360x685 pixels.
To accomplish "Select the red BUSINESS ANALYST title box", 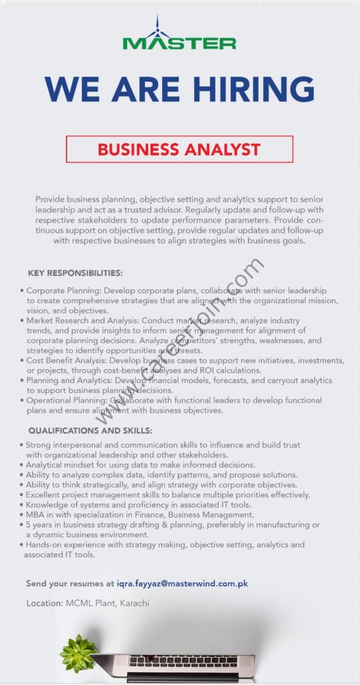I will point(179,149).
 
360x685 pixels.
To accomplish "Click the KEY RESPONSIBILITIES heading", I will point(75,273).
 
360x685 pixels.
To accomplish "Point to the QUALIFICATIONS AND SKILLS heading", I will point(90,430).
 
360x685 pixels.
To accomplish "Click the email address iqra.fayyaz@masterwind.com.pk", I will point(182,584).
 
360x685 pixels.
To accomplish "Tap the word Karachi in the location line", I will point(134,603).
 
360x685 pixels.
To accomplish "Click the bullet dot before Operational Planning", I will point(22,401).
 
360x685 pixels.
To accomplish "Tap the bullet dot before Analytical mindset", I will point(22,465).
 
